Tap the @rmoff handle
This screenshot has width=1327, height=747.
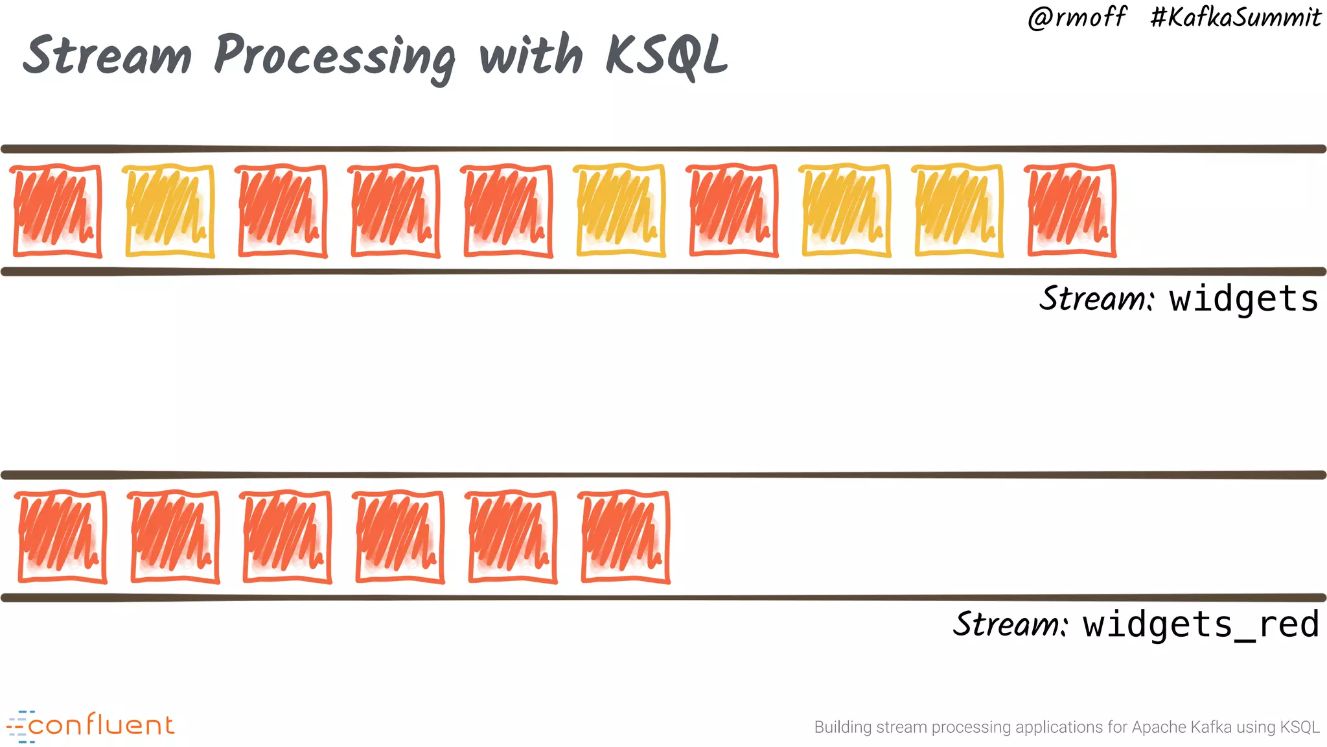point(1077,18)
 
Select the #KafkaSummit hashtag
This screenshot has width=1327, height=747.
point(1235,18)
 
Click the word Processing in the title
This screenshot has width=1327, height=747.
point(334,57)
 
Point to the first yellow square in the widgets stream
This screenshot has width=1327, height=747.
point(168,211)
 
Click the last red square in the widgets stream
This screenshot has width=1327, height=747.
point(1071,211)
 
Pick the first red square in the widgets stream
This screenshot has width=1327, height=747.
point(57,211)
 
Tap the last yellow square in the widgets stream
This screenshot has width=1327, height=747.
point(958,211)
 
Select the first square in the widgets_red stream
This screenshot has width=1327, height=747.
point(62,537)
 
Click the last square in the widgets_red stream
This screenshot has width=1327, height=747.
point(625,537)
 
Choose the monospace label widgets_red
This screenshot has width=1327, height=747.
point(1201,624)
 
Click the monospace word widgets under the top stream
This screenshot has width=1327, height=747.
point(1243,299)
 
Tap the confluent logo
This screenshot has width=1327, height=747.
point(91,726)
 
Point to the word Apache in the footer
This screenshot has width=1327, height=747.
point(1154,728)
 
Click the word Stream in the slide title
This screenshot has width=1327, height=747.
point(108,55)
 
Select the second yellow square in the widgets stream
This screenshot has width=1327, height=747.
point(620,211)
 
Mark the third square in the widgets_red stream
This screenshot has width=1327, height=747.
point(286,537)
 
